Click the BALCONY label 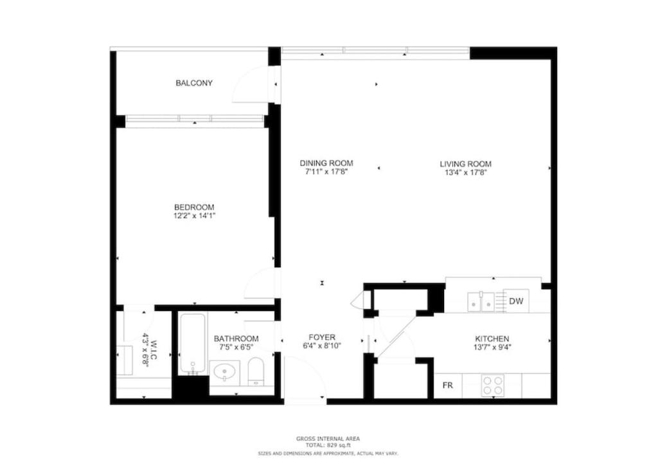click(194, 83)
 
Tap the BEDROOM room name click(194, 207)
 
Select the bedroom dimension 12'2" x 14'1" click(194, 216)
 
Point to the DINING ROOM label click(326, 163)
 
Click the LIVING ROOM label click(465, 164)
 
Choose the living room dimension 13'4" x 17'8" click(465, 172)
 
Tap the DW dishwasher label click(516, 301)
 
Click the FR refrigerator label click(448, 386)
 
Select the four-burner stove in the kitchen click(492, 386)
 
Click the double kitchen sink click(481, 302)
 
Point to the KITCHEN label click(492, 339)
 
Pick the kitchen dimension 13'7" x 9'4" click(492, 348)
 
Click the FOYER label click(322, 337)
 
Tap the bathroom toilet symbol click(255, 371)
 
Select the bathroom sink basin click(224, 372)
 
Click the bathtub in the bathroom click(193, 344)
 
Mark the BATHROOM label click(236, 339)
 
